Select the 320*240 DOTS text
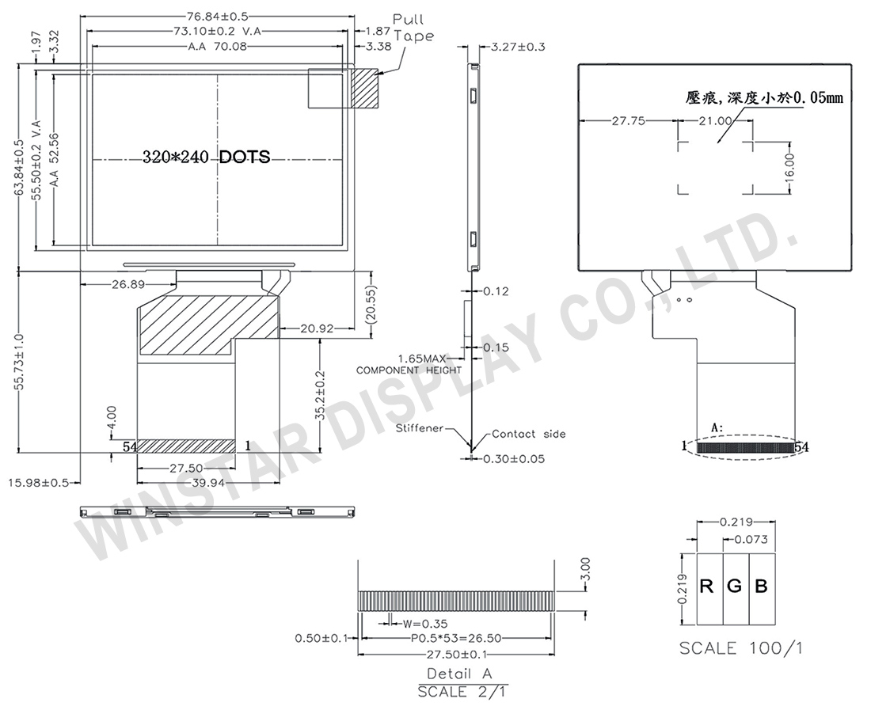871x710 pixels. [206, 157]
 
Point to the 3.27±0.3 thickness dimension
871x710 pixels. [519, 47]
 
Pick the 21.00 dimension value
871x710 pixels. [714, 121]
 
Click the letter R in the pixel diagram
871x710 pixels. [708, 587]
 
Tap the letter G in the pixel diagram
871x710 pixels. [735, 587]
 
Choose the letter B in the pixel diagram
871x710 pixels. [761, 587]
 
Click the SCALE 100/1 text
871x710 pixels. [741, 648]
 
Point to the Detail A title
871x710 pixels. [460, 674]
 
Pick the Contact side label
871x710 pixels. [528, 434]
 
